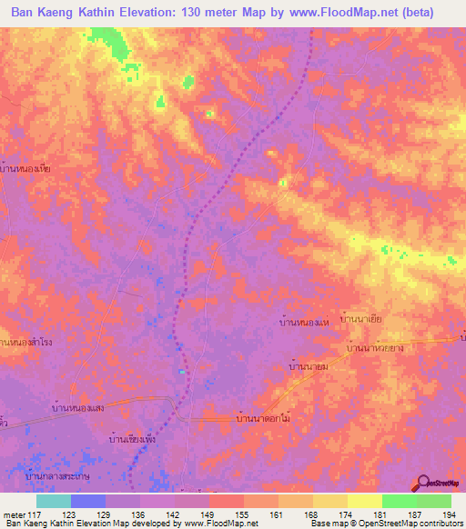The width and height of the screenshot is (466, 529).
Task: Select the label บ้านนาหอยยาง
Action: [375, 348]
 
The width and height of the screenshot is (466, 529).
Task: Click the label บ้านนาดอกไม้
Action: [263, 418]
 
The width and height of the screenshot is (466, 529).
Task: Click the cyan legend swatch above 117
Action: [53, 501]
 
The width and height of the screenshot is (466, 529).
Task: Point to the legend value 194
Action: [449, 514]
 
